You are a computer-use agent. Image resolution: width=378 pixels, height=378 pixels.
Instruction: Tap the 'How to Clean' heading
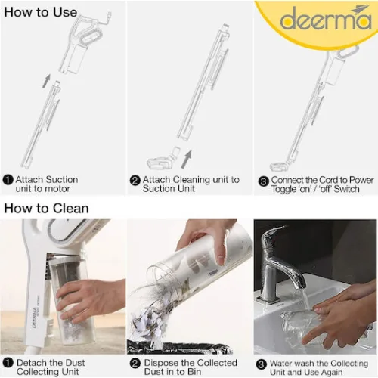[47, 207]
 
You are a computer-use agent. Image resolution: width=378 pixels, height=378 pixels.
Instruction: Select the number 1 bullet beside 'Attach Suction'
[8, 180]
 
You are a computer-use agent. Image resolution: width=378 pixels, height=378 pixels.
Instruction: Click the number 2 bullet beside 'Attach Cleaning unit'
[135, 180]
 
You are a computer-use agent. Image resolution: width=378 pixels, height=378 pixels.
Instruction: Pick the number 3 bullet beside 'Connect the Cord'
[264, 180]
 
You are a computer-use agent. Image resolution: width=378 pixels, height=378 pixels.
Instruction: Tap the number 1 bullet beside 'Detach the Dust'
[8, 363]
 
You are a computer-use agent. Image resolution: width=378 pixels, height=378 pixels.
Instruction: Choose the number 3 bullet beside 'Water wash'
[262, 363]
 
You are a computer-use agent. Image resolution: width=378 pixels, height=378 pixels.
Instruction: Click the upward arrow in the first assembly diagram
[46, 79]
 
